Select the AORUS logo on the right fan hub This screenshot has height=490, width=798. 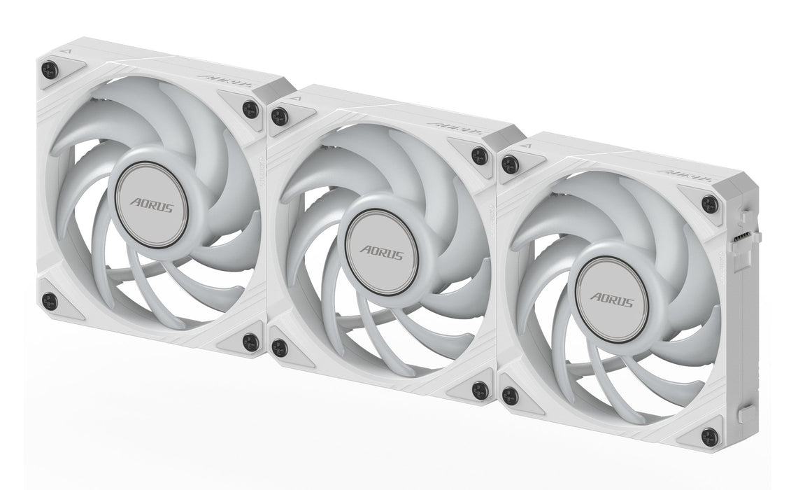(612, 300)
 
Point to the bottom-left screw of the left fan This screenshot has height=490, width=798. (48, 300)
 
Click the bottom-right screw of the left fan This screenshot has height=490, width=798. (249, 342)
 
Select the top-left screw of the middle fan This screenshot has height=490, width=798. (279, 115)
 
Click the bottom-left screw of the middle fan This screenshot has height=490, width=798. (279, 346)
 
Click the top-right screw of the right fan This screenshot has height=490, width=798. (709, 204)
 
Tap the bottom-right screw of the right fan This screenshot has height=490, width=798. (709, 435)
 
